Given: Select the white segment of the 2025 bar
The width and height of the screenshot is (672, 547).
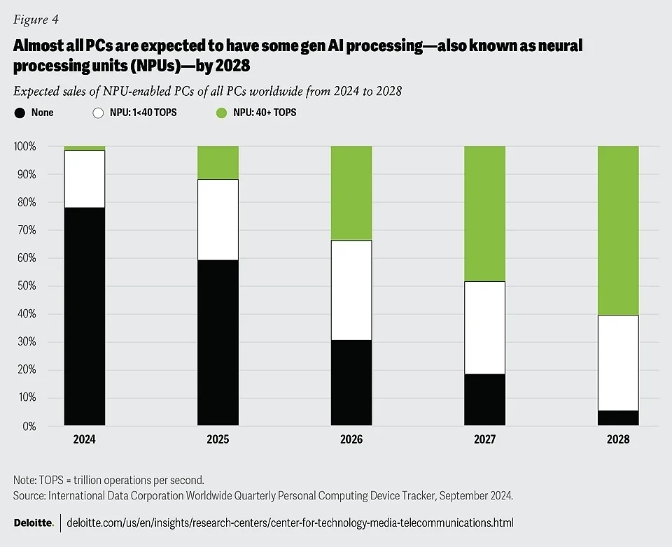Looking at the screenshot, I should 218,220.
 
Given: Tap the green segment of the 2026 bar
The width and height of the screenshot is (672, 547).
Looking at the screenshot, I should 351,193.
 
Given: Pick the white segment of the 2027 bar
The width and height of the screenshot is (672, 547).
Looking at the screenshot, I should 484,327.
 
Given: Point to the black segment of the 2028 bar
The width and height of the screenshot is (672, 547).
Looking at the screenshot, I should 618,418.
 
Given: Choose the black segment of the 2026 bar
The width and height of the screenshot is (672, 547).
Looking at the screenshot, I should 351,383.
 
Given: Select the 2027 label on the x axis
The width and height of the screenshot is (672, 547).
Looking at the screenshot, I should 484,440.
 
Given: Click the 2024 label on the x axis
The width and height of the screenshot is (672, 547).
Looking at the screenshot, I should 84,440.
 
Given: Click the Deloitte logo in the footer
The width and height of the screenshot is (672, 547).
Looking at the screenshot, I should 33,523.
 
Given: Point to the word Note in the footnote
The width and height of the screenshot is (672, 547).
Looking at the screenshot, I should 24,481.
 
